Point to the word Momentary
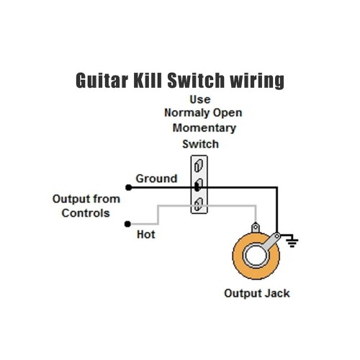[x=204, y=128]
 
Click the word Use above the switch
[x=202, y=99]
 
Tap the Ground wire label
[x=156, y=178]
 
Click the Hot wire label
[x=145, y=234]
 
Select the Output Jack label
[x=257, y=294]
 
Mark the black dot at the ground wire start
[x=128, y=187]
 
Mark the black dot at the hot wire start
[x=128, y=223]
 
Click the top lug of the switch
[x=197, y=170]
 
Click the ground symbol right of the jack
[x=292, y=240]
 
